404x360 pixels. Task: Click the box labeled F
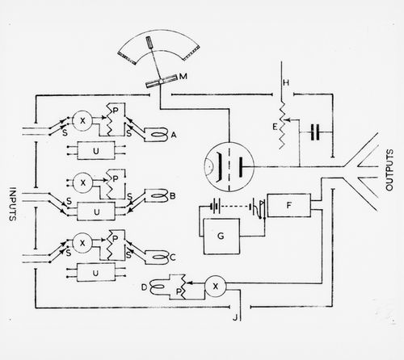point(288,205)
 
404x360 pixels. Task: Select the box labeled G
point(221,237)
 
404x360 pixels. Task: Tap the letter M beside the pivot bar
point(183,76)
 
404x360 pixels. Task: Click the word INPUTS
point(12,204)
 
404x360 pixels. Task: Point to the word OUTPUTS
point(389,170)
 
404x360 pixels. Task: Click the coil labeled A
point(156,134)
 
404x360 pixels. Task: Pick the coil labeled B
point(156,196)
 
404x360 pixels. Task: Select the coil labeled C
point(157,257)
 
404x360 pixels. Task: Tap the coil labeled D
point(160,287)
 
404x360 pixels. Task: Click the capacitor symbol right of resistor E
point(315,132)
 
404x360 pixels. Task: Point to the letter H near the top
point(286,82)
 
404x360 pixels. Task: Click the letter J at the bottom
point(235,317)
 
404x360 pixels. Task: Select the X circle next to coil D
point(215,287)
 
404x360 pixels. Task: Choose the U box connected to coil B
point(96,211)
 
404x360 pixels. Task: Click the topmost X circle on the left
point(82,121)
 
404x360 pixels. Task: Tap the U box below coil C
point(96,273)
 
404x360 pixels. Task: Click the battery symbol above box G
point(216,207)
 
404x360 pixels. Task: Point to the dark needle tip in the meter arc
point(149,42)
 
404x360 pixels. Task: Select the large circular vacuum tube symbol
point(229,167)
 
